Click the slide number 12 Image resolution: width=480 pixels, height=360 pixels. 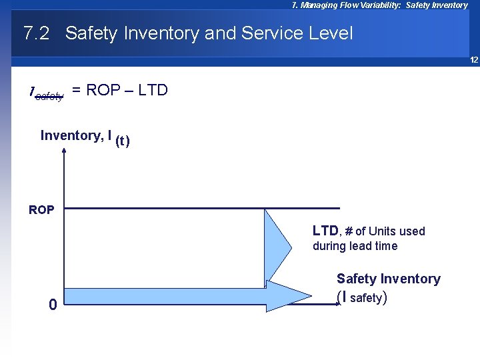point(474,60)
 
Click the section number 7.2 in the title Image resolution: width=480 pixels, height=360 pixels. point(36,33)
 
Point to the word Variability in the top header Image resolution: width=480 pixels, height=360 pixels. point(377,5)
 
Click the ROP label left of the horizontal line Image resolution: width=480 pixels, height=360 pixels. point(42,210)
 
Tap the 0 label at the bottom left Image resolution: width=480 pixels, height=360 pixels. point(53,305)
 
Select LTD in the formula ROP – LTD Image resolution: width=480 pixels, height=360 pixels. point(152,91)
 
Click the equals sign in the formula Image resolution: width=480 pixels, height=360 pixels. point(77,91)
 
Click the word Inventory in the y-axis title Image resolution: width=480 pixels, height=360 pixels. point(69,136)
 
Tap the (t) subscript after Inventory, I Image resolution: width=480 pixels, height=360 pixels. point(123,141)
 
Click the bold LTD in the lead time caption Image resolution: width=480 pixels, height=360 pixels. point(325,231)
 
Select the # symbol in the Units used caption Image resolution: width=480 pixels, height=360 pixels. point(348,231)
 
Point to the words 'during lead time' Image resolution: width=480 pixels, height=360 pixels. point(355,246)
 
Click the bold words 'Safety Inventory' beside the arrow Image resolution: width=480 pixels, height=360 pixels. point(388,279)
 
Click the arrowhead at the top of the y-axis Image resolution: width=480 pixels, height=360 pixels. point(64,150)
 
